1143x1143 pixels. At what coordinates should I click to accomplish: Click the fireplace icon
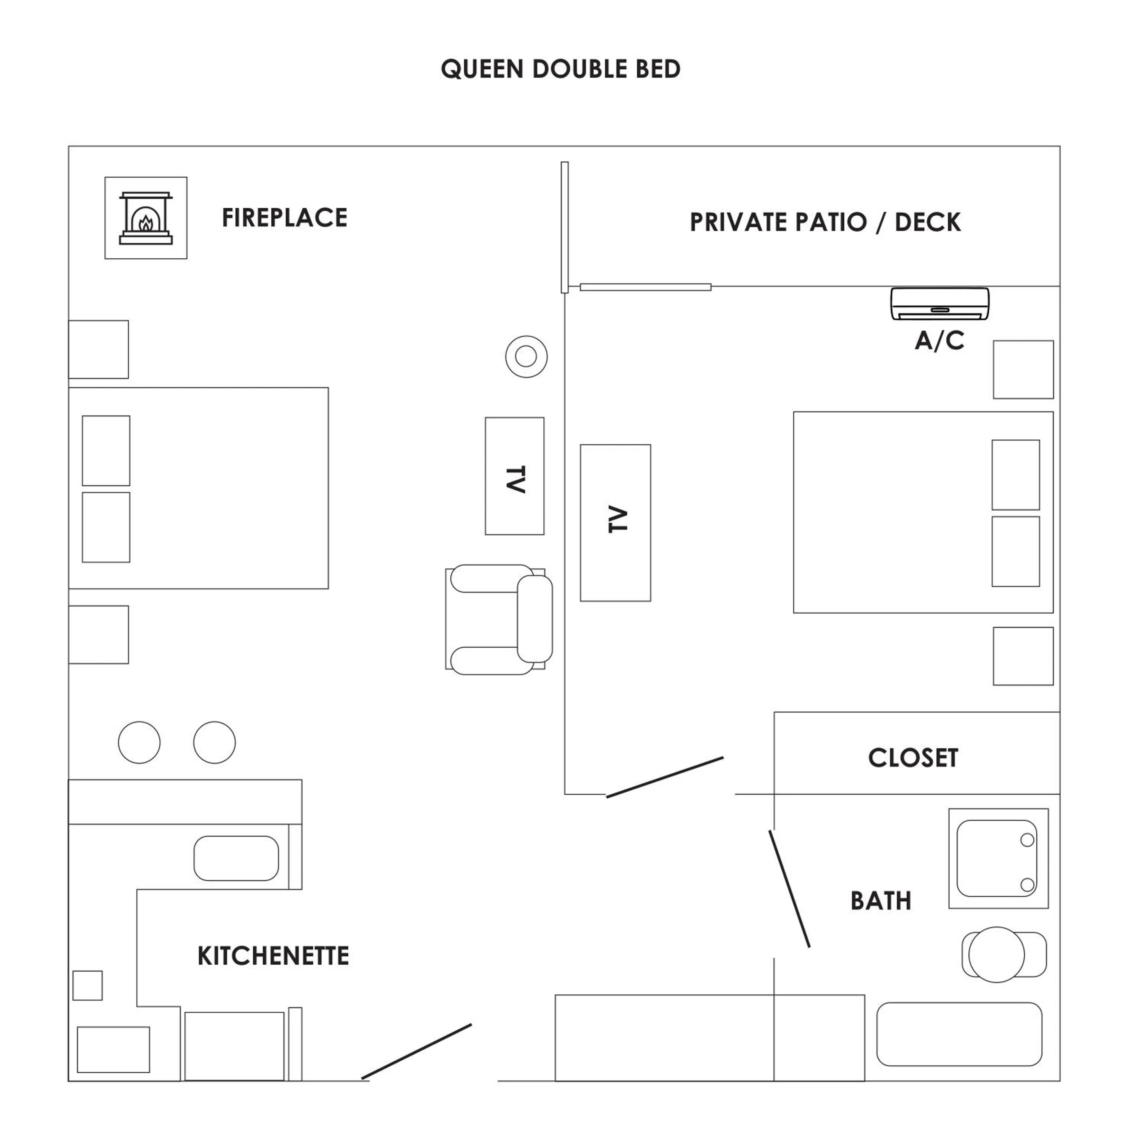(146, 218)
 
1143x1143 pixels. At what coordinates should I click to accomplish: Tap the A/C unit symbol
(940, 304)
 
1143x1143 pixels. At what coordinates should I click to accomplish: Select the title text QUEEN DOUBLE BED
(560, 69)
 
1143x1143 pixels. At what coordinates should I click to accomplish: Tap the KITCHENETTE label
(273, 956)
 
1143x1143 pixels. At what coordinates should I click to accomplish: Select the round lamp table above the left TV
(526, 357)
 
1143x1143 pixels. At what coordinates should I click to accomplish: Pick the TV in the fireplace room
(514, 476)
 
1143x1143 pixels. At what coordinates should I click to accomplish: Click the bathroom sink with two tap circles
(997, 858)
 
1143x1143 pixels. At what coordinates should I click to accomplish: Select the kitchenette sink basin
(236, 858)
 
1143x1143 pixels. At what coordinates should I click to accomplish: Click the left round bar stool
(139, 743)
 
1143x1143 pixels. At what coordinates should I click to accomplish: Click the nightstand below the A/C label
(1023, 370)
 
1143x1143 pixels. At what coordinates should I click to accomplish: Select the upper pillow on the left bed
(106, 450)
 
